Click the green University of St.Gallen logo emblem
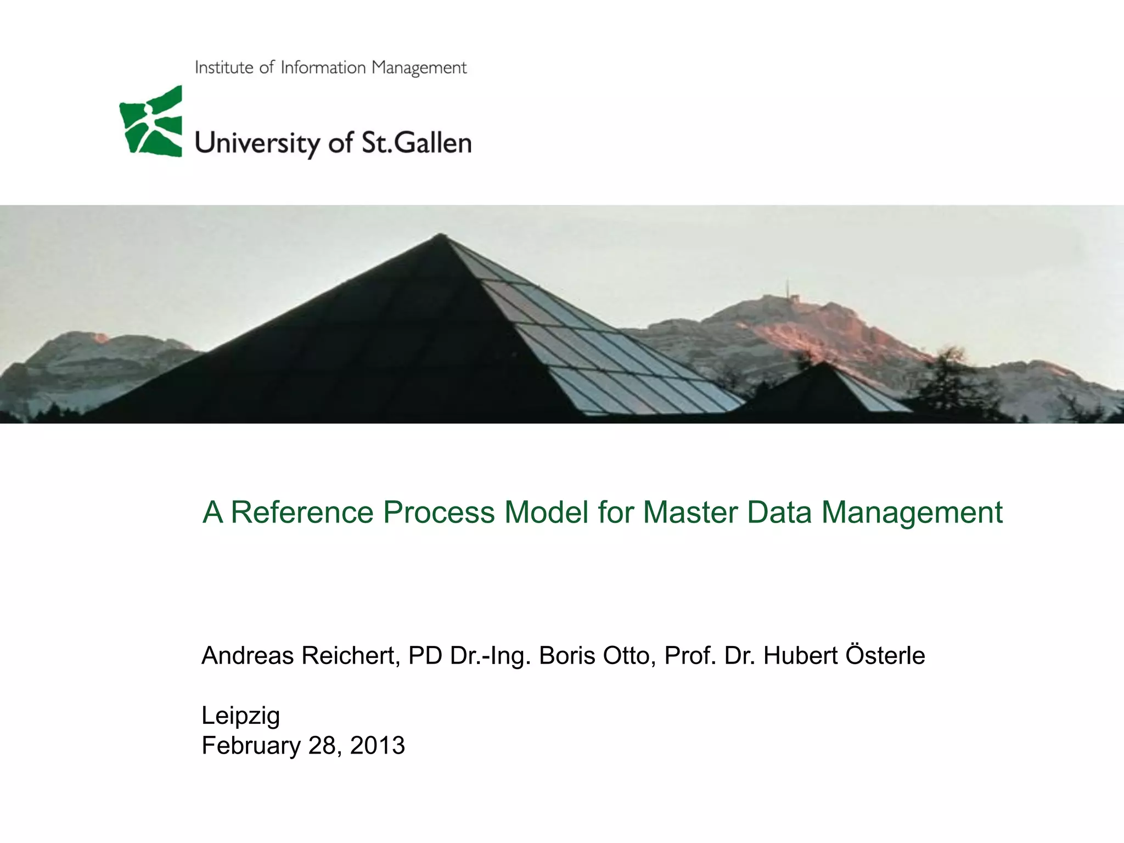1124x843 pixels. (x=150, y=122)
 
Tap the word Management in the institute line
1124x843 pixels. (x=419, y=68)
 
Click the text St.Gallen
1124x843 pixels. (x=416, y=143)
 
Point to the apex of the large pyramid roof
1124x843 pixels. (x=440, y=235)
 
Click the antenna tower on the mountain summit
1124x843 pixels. (x=788, y=291)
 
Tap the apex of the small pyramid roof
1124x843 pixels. (x=823, y=363)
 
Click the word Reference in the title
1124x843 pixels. (x=302, y=512)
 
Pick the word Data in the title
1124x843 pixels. (x=778, y=512)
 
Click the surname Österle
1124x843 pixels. (x=885, y=655)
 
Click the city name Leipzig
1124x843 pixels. (x=240, y=716)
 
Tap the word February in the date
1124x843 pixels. (x=251, y=745)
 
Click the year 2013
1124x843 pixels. (x=377, y=745)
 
